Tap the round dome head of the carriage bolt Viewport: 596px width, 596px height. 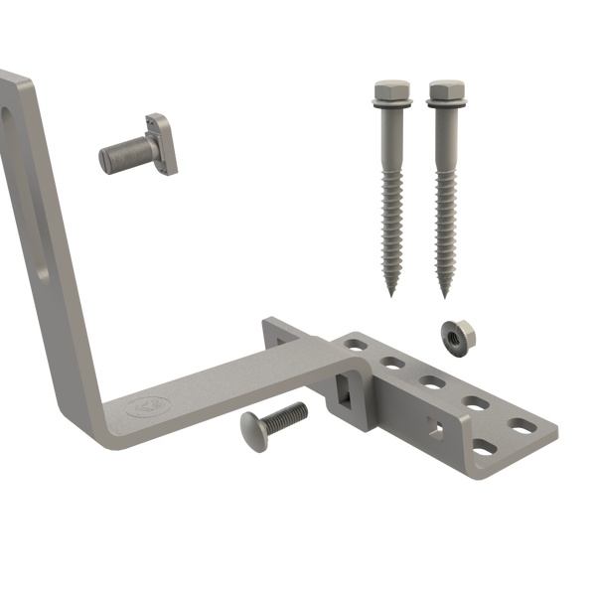point(252,434)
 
